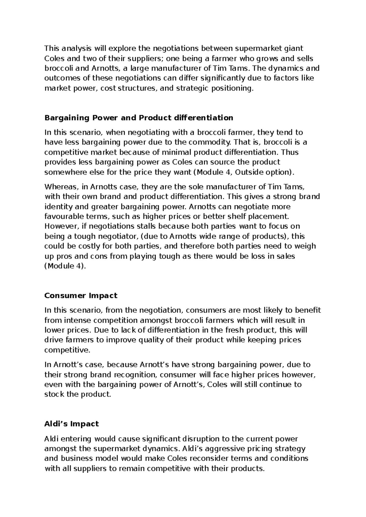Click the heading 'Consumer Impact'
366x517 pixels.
pos(81,296)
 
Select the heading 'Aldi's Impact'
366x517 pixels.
pos(72,424)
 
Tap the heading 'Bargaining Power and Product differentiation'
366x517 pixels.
pos(139,118)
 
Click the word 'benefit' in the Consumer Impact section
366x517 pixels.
pos(308,310)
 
